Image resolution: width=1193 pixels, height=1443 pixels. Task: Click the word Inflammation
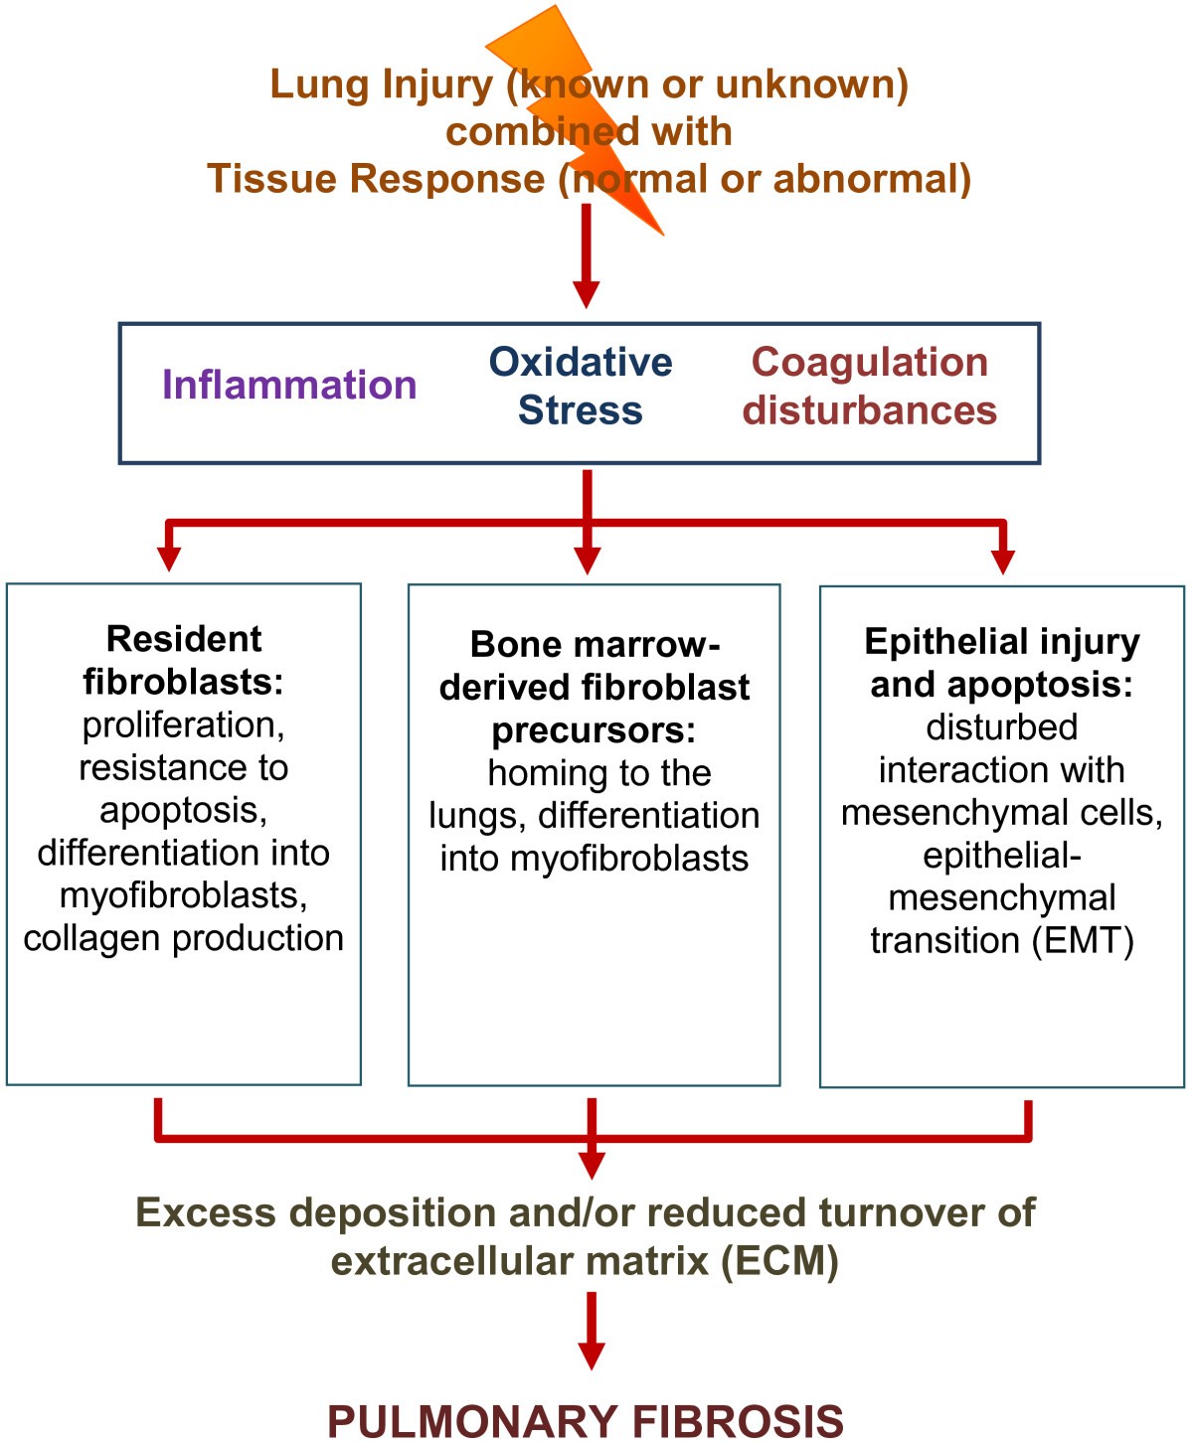click(289, 385)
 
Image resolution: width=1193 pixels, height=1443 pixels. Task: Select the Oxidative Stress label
click(581, 387)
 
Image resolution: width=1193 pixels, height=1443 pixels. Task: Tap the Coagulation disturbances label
click(869, 387)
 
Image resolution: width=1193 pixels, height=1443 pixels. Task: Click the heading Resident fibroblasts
click(184, 660)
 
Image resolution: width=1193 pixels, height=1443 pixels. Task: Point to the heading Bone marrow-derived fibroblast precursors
click(594, 687)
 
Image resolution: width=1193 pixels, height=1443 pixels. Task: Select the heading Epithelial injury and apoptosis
click(1001, 663)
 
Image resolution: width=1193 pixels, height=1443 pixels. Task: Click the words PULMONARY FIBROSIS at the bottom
click(586, 1420)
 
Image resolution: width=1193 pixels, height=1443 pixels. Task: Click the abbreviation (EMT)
click(1083, 940)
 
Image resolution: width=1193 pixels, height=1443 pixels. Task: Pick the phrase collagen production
click(184, 938)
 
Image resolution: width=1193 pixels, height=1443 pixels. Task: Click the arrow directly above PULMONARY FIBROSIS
click(592, 1332)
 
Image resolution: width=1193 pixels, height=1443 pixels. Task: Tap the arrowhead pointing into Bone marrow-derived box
click(588, 560)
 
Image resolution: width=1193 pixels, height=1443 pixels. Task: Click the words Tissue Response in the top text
click(376, 179)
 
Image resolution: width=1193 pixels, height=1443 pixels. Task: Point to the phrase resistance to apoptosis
click(184, 789)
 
